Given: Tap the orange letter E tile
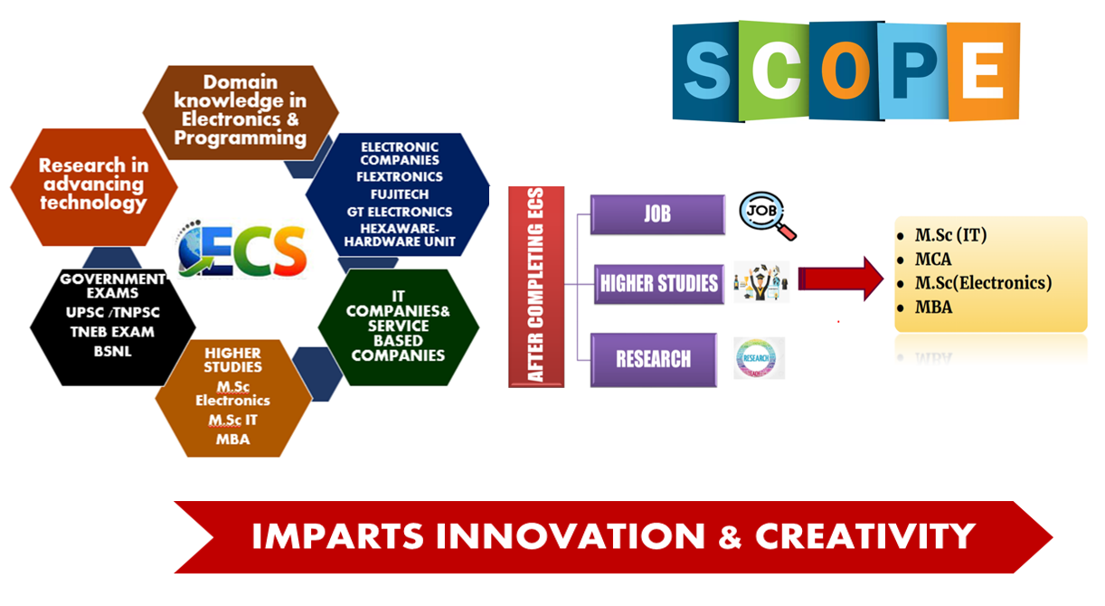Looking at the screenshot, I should (x=983, y=71).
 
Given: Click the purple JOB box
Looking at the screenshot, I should (x=657, y=215).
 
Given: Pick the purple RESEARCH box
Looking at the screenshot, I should (x=653, y=359).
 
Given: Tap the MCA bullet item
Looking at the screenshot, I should (x=933, y=260).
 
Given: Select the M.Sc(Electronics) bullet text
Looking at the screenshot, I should (x=983, y=283).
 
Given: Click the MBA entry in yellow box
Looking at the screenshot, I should (x=933, y=307).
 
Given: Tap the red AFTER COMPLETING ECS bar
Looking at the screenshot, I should (x=536, y=287).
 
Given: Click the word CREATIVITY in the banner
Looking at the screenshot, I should (x=865, y=536).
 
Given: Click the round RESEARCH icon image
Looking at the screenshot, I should (x=758, y=358).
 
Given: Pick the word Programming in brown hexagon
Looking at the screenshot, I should (x=241, y=137).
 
